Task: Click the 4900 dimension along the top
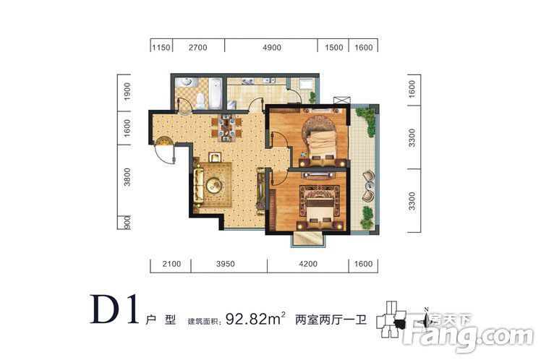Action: pyautogui.click(x=272, y=48)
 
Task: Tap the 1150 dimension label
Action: pyautogui.click(x=161, y=48)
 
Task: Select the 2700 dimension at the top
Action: pyautogui.click(x=198, y=48)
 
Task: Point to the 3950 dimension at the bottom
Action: pyautogui.click(x=226, y=264)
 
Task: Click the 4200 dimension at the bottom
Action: pyautogui.click(x=308, y=264)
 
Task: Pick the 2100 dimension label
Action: pyautogui.click(x=171, y=264)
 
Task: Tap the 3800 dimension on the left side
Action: pyautogui.click(x=127, y=177)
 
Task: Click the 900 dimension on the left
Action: pyautogui.click(x=127, y=223)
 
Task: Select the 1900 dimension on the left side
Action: pyautogui.click(x=127, y=92)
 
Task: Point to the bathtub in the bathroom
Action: pyautogui.click(x=216, y=93)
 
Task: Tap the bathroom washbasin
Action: pyautogui.click(x=187, y=82)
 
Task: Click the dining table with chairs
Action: pyautogui.click(x=226, y=128)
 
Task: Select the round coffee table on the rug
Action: pyautogui.click(x=214, y=185)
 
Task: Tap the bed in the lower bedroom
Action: pyautogui.click(x=320, y=212)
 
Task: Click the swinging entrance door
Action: pyautogui.click(x=166, y=150)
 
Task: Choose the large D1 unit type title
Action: pyautogui.click(x=114, y=309)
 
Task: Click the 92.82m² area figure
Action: pyautogui.click(x=255, y=319)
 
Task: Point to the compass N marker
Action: pyautogui.click(x=426, y=309)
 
